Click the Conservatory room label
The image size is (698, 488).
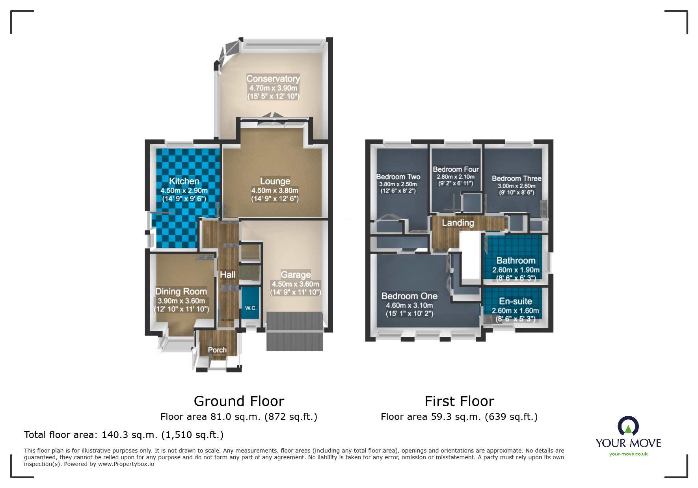coord(273,79)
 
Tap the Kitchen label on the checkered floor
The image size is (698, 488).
coord(184,181)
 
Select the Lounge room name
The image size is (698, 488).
coord(275,181)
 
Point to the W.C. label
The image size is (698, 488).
coord(251,308)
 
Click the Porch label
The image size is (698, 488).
coord(217,350)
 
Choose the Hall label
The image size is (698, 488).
coord(228,275)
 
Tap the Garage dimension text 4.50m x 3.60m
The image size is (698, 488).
coord(296,284)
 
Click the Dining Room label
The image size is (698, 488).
coord(181,291)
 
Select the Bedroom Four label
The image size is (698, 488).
coord(456,169)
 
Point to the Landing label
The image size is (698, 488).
coord(458,223)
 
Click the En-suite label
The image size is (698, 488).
coord(516,301)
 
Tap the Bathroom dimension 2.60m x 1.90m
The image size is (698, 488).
coord(516,270)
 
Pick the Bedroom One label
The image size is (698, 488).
coord(409,296)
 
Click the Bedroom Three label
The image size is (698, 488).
coord(517,178)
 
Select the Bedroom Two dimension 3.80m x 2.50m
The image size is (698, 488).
coord(398,184)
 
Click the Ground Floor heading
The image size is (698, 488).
coord(239,401)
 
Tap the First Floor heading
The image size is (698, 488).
coord(460,401)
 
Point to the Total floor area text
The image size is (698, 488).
coord(124,435)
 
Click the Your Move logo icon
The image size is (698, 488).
coord(628,426)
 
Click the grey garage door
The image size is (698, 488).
coord(295,331)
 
